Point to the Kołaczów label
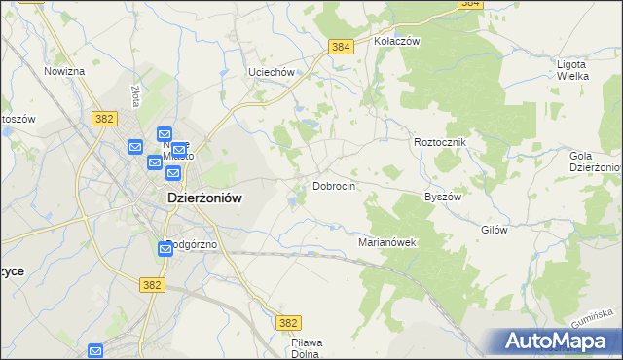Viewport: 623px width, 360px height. pos(396,42)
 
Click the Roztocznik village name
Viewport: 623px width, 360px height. pos(441,142)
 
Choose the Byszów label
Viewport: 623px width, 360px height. pos(442,196)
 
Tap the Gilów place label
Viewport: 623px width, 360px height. pos(495,231)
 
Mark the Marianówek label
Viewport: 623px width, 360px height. pos(387,242)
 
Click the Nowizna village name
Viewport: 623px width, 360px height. pos(64,72)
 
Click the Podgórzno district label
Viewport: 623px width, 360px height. pos(195,244)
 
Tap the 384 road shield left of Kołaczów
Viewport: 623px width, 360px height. pos(341,47)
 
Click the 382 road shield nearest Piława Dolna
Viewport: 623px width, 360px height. pos(288,322)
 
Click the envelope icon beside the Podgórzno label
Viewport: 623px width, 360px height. pos(165,250)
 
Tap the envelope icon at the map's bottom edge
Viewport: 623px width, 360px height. pos(95,351)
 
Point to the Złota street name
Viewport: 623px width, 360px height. pos(134,95)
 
